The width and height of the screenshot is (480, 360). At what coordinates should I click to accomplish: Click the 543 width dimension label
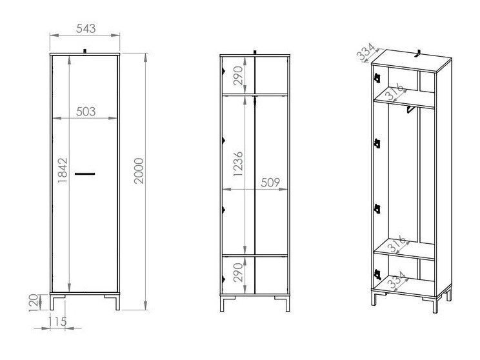(x=86, y=28)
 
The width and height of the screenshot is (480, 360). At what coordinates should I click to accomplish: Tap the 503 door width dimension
(x=86, y=112)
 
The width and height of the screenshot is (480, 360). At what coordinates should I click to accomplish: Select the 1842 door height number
(x=63, y=170)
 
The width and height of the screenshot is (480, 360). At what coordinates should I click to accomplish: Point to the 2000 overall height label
(x=139, y=170)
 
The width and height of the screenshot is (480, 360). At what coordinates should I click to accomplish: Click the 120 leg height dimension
(x=34, y=303)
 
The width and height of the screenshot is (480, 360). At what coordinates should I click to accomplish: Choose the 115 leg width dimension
(x=57, y=321)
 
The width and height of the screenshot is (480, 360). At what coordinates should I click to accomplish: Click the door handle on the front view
(x=85, y=174)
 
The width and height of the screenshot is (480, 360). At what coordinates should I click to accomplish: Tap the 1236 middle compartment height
(x=238, y=164)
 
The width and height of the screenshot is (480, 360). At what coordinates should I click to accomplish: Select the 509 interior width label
(x=270, y=183)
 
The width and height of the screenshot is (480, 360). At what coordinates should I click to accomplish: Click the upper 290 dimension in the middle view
(x=238, y=75)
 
